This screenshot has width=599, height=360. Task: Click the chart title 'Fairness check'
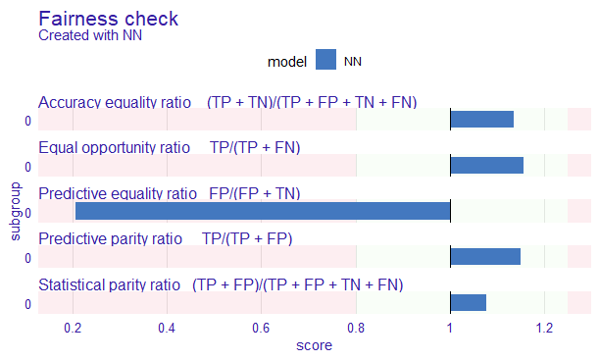pos(108,19)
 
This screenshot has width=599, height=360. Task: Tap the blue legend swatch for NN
pos(325,61)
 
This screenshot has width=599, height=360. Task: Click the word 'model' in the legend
pos(287,61)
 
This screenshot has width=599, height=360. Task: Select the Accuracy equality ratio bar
pos(481,119)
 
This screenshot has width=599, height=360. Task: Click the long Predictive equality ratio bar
pos(263,211)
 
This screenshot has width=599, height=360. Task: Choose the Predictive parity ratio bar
pos(484,257)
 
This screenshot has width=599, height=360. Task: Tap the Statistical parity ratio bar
pos(468,303)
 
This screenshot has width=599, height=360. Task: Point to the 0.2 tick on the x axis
pos(74,327)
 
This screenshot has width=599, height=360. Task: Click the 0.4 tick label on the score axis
pos(168,327)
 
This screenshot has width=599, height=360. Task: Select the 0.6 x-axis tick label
pos(262,327)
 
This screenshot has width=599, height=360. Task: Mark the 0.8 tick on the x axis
pos(356,327)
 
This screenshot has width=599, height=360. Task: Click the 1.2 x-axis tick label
pos(544,327)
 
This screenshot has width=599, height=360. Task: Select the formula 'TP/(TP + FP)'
pos(246,239)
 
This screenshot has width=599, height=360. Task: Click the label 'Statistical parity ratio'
pos(109,285)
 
